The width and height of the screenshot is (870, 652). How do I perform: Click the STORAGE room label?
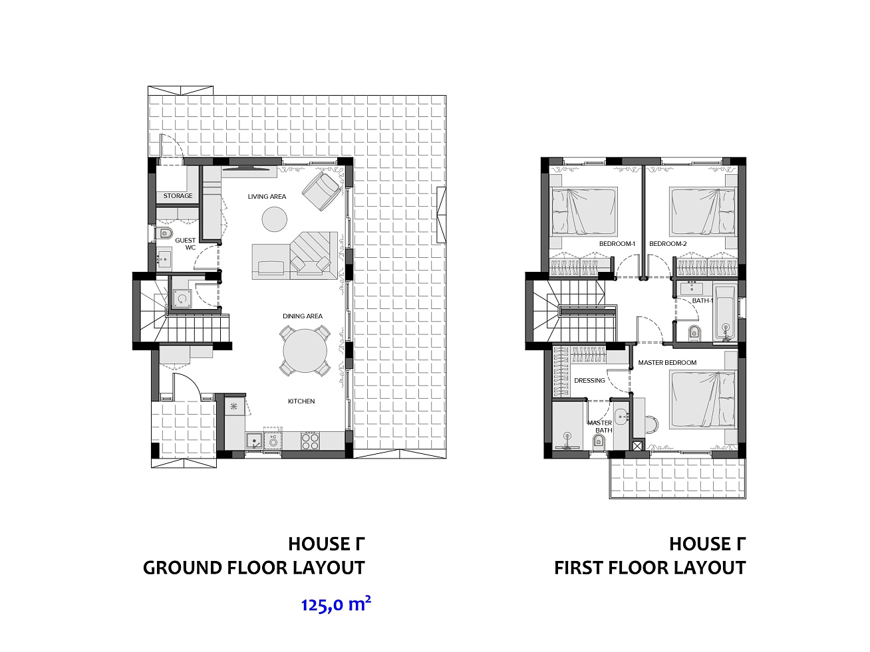click(178, 196)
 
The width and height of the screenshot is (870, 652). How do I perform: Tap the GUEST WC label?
click(186, 244)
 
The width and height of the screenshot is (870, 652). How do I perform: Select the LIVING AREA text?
click(267, 196)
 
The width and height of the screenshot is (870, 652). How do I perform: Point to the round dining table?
click(305, 351)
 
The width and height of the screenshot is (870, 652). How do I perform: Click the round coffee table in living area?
click(275, 219)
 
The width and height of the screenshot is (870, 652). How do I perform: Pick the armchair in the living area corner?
click(321, 191)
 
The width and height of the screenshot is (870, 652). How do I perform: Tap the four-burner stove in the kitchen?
click(311, 441)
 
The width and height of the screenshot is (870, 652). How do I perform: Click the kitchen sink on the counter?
click(253, 441)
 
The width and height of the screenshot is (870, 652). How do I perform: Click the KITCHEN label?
click(301, 401)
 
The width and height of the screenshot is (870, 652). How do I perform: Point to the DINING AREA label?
click(303, 316)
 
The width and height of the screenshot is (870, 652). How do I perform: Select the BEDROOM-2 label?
click(668, 244)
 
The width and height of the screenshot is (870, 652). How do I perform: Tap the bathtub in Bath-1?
click(725, 312)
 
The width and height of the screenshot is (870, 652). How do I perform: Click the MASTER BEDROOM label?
click(667, 363)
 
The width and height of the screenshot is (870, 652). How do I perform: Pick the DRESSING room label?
click(589, 381)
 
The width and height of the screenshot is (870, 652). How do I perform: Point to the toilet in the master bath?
click(599, 441)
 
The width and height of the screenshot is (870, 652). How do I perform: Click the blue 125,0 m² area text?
click(336, 605)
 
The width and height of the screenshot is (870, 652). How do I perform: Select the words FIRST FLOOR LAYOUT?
click(650, 568)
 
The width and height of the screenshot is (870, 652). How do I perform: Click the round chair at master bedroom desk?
click(651, 424)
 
